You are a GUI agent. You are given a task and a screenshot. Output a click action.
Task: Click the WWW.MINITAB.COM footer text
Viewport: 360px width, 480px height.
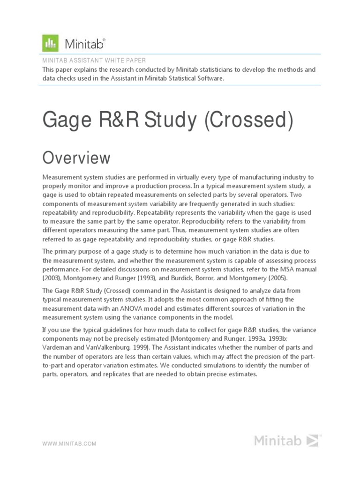pos(69,443)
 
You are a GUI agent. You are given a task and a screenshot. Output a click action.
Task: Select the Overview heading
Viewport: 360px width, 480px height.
pos(76,158)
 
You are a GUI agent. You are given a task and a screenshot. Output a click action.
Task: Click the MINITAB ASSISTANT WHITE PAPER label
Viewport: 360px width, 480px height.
pos(94,60)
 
